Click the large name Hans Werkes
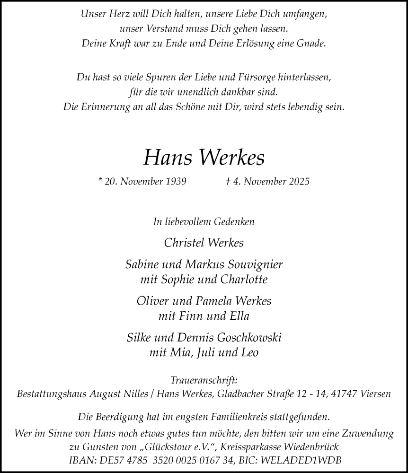click(x=204, y=158)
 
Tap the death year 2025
click(x=298, y=181)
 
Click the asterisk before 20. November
click(x=100, y=180)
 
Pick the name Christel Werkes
click(x=204, y=243)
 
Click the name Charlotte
click(x=244, y=279)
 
